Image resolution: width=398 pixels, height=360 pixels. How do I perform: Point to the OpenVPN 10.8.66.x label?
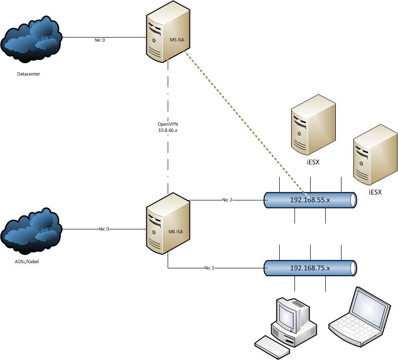(167, 126)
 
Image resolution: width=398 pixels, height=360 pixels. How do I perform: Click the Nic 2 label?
(227, 200)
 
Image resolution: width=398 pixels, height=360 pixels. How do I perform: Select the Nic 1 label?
(209, 268)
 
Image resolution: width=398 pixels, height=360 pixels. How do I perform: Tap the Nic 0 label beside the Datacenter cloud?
(100, 40)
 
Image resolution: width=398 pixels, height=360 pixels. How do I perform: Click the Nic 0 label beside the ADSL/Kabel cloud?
(104, 229)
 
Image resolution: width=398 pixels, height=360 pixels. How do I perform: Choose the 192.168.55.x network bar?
(310, 200)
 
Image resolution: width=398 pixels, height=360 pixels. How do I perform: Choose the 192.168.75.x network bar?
(310, 268)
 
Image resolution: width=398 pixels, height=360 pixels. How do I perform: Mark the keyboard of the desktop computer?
(271, 346)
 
